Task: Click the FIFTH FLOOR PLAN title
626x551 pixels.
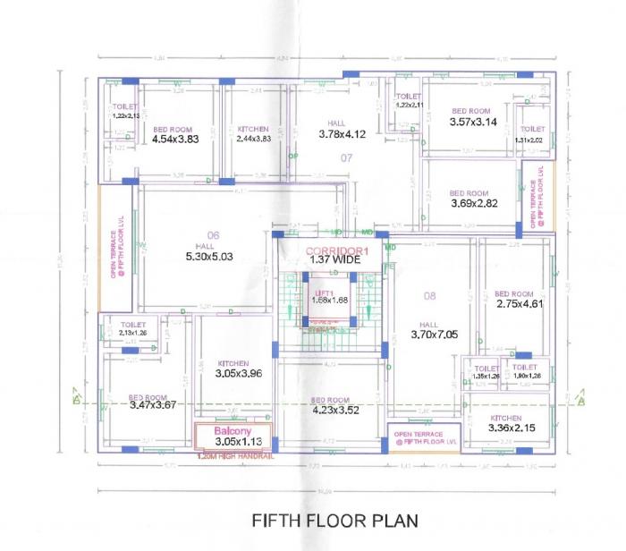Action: point(334,520)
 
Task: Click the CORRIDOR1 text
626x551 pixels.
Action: point(335,250)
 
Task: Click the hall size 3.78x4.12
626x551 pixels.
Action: point(343,134)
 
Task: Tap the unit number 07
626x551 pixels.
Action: point(346,157)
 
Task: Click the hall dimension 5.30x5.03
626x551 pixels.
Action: point(208,257)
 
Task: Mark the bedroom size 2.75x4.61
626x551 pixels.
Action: point(520,304)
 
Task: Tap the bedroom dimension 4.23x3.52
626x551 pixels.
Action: point(330,411)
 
